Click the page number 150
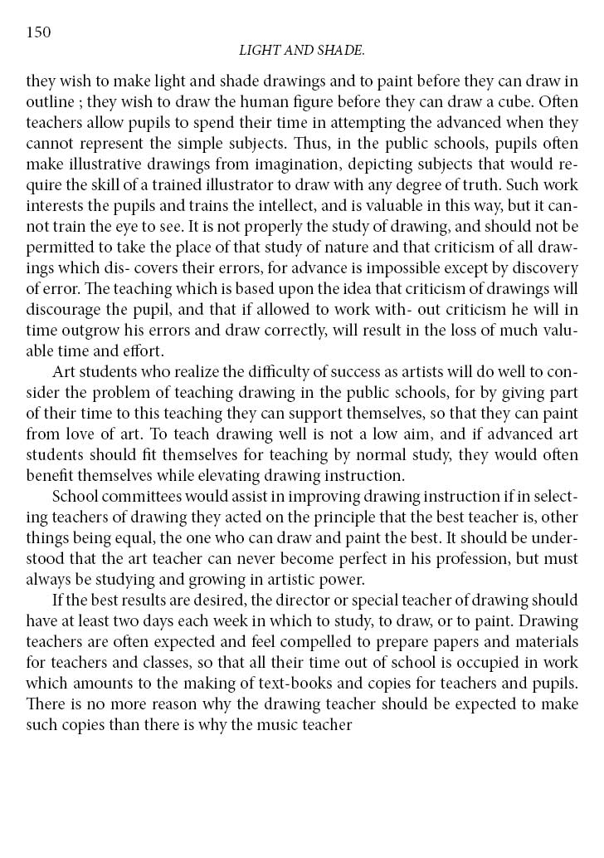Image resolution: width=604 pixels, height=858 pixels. (x=39, y=32)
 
